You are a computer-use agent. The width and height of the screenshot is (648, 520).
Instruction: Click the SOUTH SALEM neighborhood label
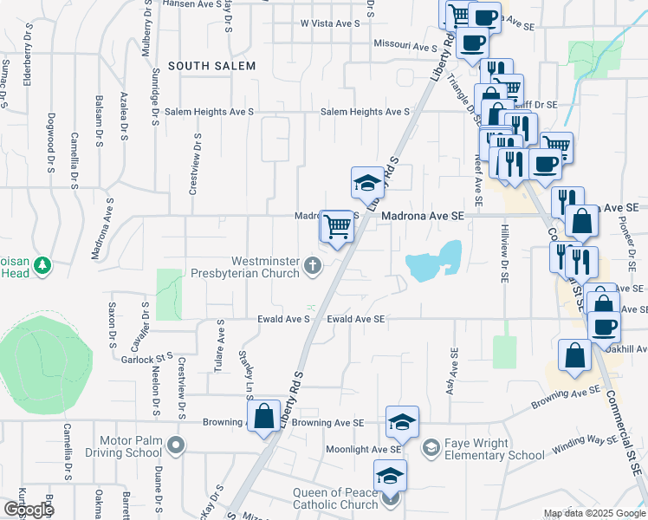(x=211, y=66)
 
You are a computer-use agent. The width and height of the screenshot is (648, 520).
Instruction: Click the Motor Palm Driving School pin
(x=177, y=446)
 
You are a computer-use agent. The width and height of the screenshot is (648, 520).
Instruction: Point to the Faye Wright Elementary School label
(x=495, y=448)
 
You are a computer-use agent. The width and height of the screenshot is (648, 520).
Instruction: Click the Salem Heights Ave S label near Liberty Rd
(x=365, y=112)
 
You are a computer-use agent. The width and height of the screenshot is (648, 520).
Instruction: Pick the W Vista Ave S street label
(x=330, y=23)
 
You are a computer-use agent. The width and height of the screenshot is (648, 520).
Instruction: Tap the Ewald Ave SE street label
(x=355, y=319)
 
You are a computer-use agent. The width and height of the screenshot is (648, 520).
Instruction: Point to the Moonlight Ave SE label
(x=363, y=450)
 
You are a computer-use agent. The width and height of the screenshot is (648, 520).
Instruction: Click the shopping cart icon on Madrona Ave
(x=337, y=226)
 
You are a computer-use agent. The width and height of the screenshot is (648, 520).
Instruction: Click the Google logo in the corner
(x=29, y=510)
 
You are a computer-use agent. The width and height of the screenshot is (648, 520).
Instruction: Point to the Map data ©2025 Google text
(x=593, y=513)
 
